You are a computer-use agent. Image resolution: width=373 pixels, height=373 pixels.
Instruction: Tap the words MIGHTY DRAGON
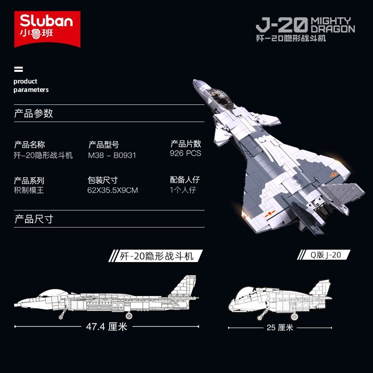coord(332,24)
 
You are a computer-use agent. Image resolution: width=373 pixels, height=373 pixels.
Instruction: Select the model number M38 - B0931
coord(112,155)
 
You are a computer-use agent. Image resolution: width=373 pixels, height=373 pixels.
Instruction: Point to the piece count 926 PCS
coord(186,153)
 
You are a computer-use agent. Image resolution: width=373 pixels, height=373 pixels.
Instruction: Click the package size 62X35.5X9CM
coord(112,190)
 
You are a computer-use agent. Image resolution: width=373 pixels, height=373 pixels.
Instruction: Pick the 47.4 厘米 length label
coord(106,326)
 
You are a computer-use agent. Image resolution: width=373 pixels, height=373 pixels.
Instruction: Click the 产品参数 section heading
coord(34,113)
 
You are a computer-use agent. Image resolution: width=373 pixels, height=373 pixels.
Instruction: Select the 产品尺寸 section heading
coord(34,219)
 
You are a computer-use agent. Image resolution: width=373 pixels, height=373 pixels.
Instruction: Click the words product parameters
coord(31,85)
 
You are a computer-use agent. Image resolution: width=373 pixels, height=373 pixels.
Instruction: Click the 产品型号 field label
coord(104,145)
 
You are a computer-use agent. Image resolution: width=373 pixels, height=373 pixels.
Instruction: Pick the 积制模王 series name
coord(29,190)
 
